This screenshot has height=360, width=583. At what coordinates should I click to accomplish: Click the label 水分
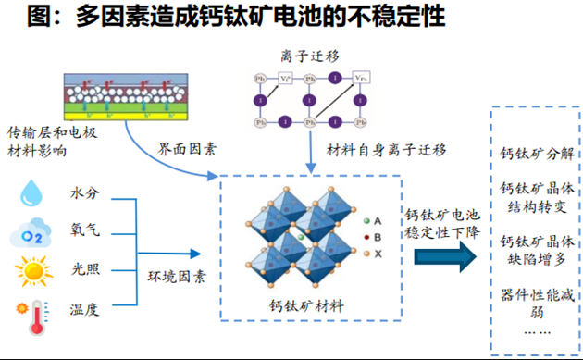point(84,194)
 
